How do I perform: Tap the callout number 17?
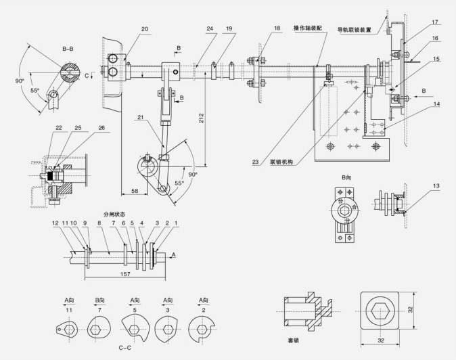pyautogui.click(x=436, y=22)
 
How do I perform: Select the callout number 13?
pyautogui.click(x=436, y=185)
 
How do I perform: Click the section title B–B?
pyautogui.click(x=68, y=49)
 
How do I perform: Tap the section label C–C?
pyautogui.click(x=124, y=348)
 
